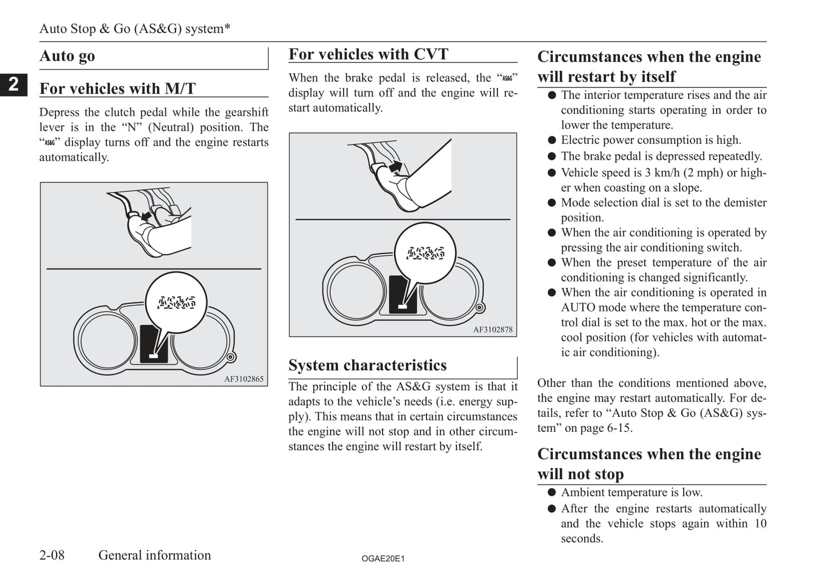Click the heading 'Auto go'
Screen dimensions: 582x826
point(67,56)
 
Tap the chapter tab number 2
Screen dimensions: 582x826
point(13,85)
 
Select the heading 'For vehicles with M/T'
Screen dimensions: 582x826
point(117,89)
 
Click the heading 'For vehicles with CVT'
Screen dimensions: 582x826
point(368,54)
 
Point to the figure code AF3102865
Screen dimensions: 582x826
point(244,379)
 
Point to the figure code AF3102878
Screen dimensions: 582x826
point(493,330)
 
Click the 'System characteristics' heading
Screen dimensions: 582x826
point(368,365)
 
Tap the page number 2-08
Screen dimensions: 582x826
point(52,555)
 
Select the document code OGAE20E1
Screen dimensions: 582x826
point(383,559)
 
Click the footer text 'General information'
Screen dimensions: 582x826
point(154,555)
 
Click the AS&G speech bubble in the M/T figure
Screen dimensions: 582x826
point(176,303)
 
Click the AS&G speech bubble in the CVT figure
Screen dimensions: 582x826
point(425,253)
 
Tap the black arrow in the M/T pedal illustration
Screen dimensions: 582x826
point(147,216)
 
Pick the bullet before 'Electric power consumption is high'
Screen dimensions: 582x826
point(552,141)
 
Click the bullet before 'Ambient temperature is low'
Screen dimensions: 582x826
point(552,492)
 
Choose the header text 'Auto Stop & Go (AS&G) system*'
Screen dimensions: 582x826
point(135,29)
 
